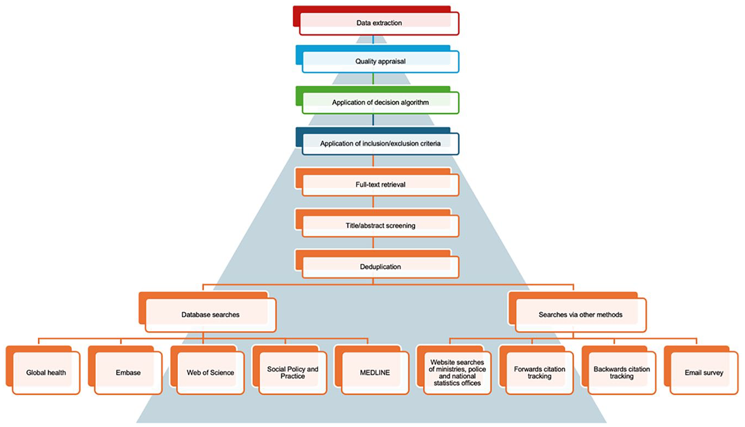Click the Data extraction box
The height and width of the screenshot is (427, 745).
[376, 20]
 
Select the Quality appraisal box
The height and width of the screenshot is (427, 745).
[378, 59]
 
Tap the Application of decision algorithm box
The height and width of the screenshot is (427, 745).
[378, 100]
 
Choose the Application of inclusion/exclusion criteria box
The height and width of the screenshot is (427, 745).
[378, 141]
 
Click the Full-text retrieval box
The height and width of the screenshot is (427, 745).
[378, 182]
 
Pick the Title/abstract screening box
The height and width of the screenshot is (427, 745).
[378, 223]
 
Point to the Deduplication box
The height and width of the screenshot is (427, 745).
[378, 264]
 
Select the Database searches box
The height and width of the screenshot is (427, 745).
[207, 312]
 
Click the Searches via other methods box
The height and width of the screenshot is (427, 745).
[577, 312]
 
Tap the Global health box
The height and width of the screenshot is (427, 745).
[43, 370]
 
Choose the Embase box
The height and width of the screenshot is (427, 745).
[125, 370]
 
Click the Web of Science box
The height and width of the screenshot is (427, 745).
[207, 370]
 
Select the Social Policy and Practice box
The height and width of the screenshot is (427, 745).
[290, 370]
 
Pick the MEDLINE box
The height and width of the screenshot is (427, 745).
[372, 370]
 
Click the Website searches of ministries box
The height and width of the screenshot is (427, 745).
[454, 370]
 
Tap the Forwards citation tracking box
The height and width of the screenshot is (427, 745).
[536, 370]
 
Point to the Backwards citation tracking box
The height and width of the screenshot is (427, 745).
[619, 370]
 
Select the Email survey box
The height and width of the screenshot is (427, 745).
[701, 370]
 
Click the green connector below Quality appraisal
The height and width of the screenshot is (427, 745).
[373, 79]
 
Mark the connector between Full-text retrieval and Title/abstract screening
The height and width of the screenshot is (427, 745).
[373, 203]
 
